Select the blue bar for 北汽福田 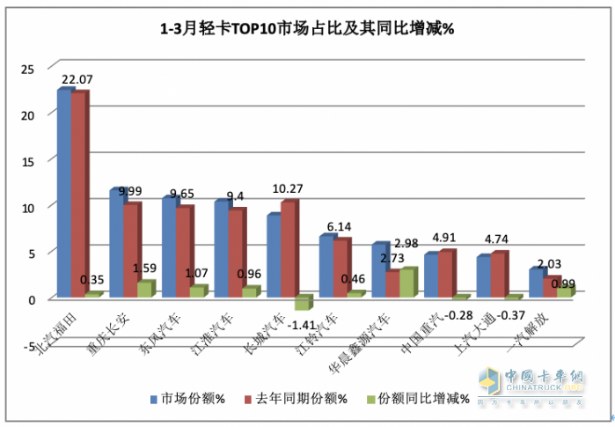point(63,194)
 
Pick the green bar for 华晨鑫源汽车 point(407,283)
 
